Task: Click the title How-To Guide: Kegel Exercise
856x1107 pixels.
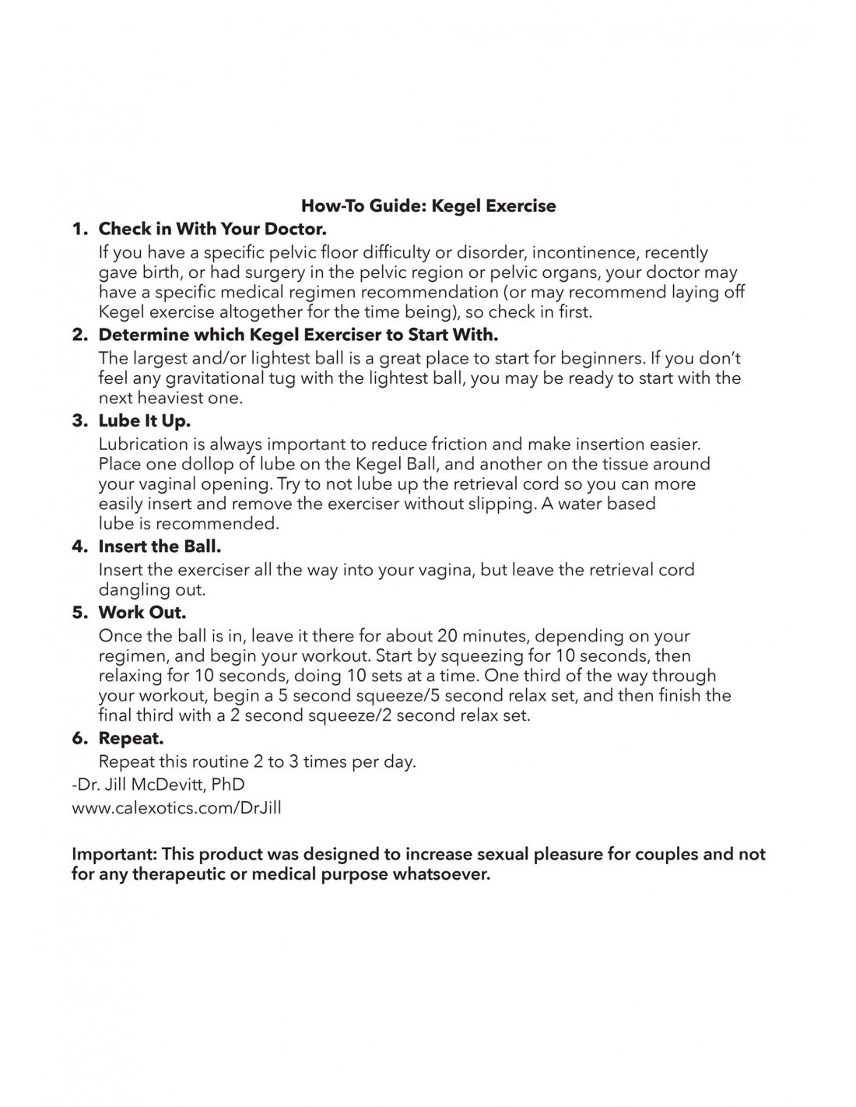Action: pos(428,206)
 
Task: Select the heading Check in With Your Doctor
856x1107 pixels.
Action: pos(212,230)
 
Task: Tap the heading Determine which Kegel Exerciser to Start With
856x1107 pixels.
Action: pos(298,336)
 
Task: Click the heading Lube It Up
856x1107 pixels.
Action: pos(144,421)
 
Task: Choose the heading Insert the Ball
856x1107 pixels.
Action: pos(160,546)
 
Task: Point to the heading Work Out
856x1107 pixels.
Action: pos(142,613)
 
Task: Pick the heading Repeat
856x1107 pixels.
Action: pos(131,738)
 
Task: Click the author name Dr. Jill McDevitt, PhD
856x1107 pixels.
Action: pos(158,785)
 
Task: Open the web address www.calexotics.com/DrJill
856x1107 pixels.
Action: pos(177,808)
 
